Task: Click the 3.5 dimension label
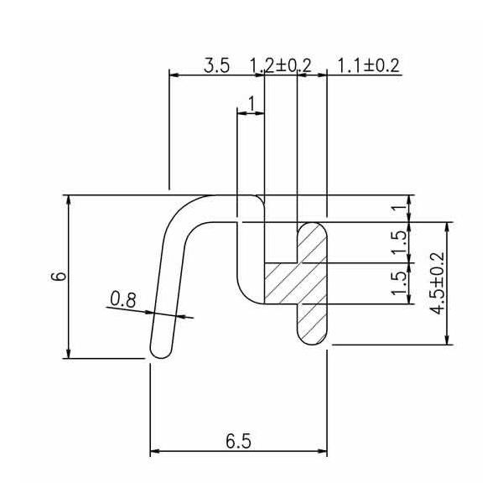[217, 65]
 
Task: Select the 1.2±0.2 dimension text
[280, 65]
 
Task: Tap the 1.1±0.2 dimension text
[369, 65]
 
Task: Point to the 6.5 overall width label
[238, 442]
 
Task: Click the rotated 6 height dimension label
[59, 276]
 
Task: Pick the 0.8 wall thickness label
[123, 299]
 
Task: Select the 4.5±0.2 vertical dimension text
[438, 283]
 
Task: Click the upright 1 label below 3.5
[252, 103]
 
